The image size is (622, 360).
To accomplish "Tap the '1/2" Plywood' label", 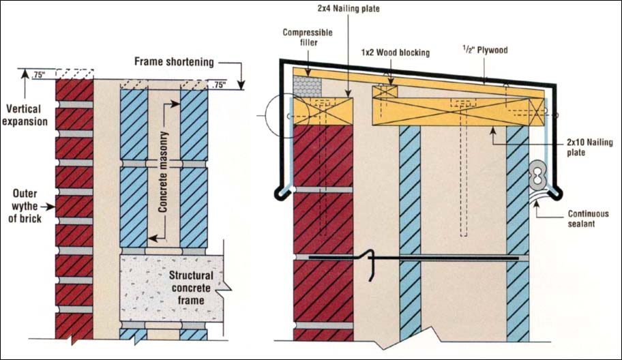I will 482,50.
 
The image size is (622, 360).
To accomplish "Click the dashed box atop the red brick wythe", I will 74,73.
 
